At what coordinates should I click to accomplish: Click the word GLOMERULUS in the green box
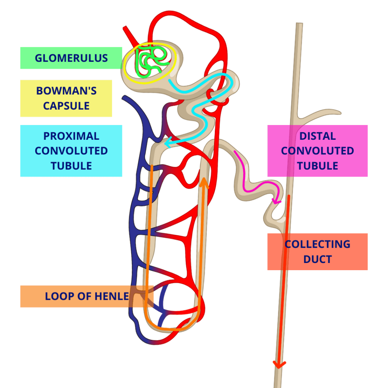pyautogui.click(x=71, y=58)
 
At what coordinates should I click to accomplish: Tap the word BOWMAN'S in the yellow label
pyautogui.click(x=66, y=91)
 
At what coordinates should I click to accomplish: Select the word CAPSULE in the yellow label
pyautogui.click(x=66, y=106)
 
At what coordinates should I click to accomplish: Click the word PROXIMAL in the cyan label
pyautogui.click(x=71, y=136)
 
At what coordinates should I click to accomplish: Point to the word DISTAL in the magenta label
pyautogui.click(x=318, y=136)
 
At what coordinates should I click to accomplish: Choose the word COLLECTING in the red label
pyautogui.click(x=318, y=244)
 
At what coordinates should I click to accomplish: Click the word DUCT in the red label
pyautogui.click(x=318, y=260)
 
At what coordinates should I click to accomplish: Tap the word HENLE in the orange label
pyautogui.click(x=113, y=296)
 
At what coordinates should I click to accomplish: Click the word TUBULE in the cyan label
pyautogui.click(x=71, y=166)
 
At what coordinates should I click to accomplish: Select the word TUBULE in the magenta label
pyautogui.click(x=318, y=166)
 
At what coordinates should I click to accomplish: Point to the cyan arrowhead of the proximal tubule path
pyautogui.click(x=167, y=144)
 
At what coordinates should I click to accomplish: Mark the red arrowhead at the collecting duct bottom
pyautogui.click(x=279, y=365)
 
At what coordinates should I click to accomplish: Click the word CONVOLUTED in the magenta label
pyautogui.click(x=318, y=151)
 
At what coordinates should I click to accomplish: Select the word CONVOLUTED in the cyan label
pyautogui.click(x=71, y=151)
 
